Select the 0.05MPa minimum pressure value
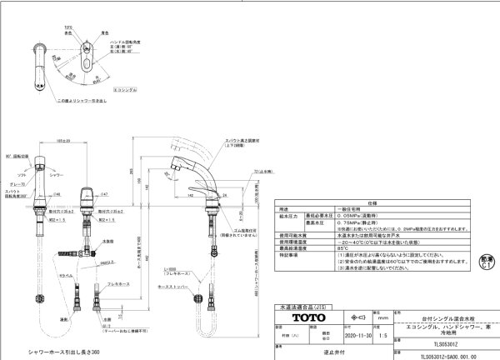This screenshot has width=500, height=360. point(342,213)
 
